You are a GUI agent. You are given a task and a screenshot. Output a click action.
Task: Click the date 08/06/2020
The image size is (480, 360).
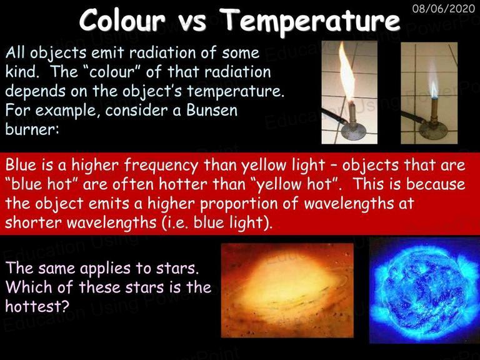(443, 8)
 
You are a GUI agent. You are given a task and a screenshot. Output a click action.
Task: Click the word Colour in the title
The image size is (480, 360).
(122, 19)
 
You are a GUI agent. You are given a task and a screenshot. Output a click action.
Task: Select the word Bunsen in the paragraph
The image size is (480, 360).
(212, 110)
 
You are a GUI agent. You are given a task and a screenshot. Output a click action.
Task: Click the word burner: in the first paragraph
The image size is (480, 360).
(32, 129)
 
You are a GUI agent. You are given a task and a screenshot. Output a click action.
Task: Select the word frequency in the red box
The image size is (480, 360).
(161, 166)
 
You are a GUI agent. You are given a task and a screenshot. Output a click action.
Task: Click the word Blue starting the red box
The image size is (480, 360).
(21, 165)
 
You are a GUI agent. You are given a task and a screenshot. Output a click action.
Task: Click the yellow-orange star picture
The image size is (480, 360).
(287, 290)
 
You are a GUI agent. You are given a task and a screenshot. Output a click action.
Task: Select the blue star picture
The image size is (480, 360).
(424, 291)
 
